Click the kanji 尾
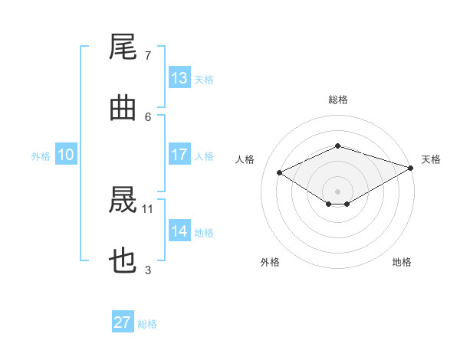[x=123, y=47]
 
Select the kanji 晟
[x=123, y=200]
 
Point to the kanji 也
[x=123, y=260]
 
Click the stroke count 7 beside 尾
[x=148, y=56]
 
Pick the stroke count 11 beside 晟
[x=147, y=209]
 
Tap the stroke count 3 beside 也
[x=148, y=270]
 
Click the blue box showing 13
[x=179, y=77]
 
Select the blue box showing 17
[x=179, y=154]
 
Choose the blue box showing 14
[x=179, y=230]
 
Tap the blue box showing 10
[x=66, y=154]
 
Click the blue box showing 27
[x=123, y=321]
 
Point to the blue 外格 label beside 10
[x=41, y=156]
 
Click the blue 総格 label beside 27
[x=147, y=324]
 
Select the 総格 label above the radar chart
[x=338, y=100]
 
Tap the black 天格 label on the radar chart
[x=431, y=159]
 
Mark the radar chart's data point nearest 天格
[x=411, y=168]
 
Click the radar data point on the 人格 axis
[x=280, y=172]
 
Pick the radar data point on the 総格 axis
[x=338, y=146]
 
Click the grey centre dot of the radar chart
[x=337, y=191]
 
